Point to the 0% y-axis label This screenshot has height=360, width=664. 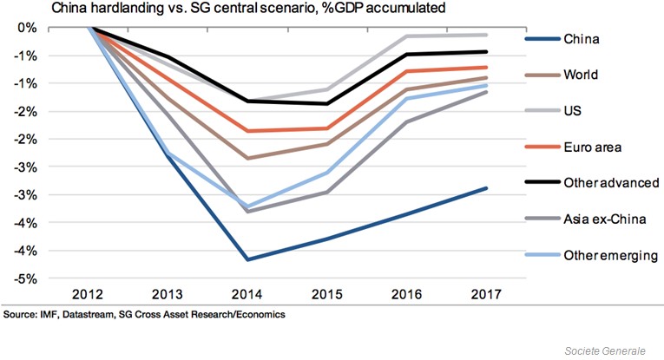coord(27,28)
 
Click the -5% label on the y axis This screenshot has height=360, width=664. coord(24,278)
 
